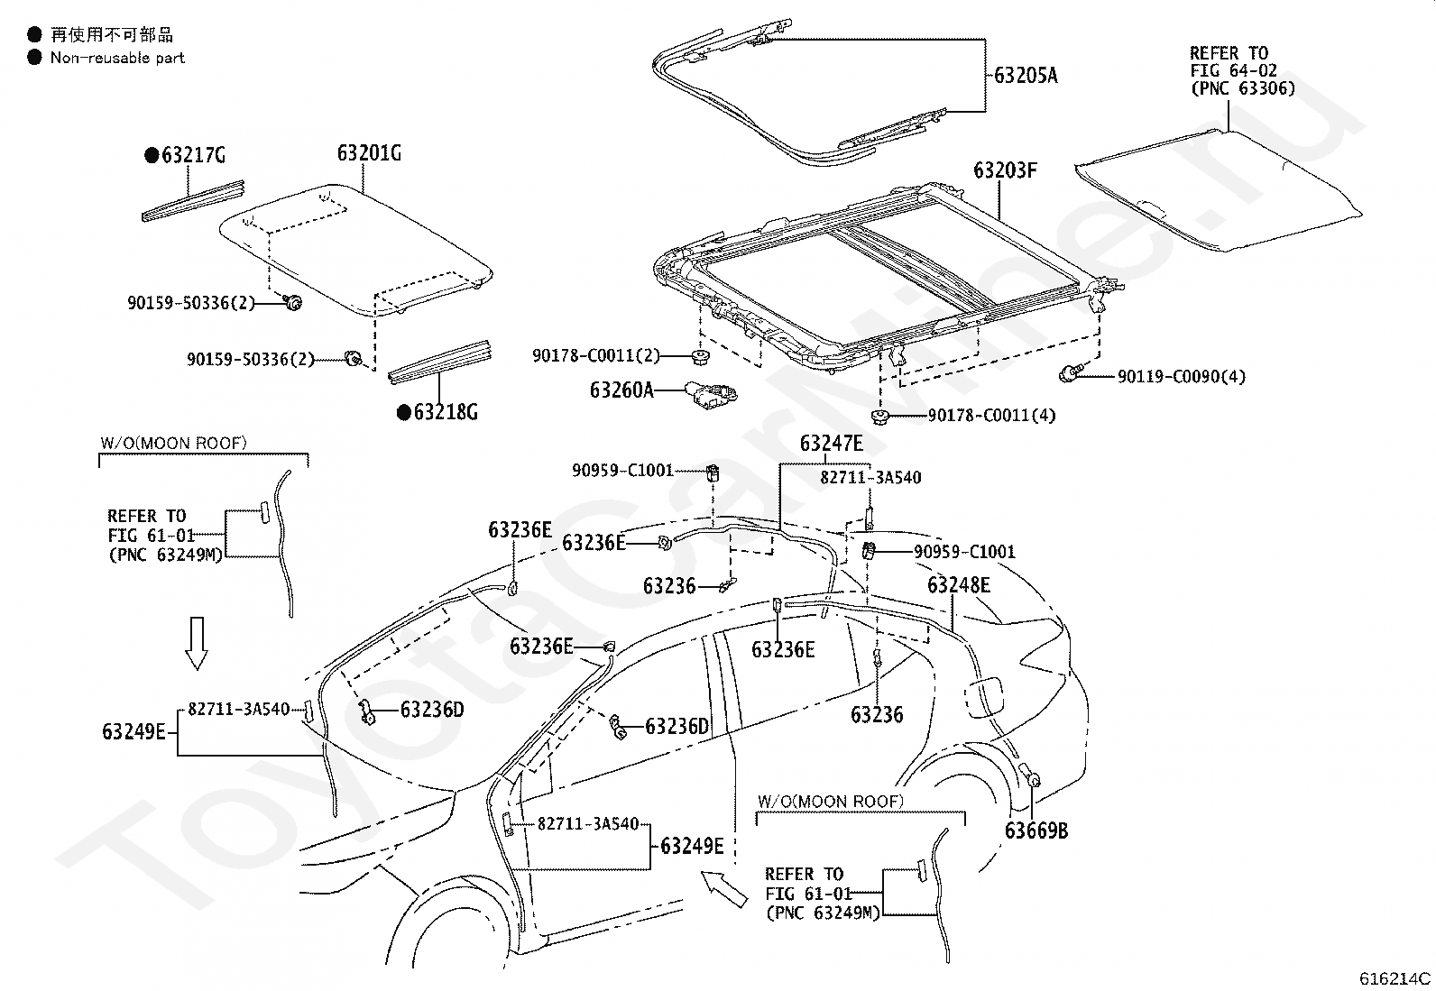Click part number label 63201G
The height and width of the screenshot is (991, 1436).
pyautogui.click(x=369, y=153)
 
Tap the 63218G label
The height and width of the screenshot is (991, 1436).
pyautogui.click(x=445, y=413)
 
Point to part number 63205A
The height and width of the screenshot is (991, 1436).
pyautogui.click(x=1026, y=76)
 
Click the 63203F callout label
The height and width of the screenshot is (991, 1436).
pyautogui.click(x=1005, y=170)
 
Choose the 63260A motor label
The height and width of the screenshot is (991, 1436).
pyautogui.click(x=621, y=390)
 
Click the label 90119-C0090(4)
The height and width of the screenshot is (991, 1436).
pyautogui.click(x=1182, y=377)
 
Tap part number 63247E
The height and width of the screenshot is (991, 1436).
pyautogui.click(x=831, y=443)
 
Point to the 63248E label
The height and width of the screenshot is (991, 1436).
pyautogui.click(x=959, y=586)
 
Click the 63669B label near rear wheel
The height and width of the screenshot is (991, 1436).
pyautogui.click(x=1036, y=830)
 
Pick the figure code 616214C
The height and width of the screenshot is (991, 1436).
pyautogui.click(x=1395, y=977)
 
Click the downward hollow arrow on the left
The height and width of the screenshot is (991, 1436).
pyautogui.click(x=196, y=642)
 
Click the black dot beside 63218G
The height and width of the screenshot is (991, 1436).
pyautogui.click(x=404, y=413)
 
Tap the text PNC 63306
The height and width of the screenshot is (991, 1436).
pyautogui.click(x=1242, y=88)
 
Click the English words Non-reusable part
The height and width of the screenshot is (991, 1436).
pyautogui.click(x=117, y=58)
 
